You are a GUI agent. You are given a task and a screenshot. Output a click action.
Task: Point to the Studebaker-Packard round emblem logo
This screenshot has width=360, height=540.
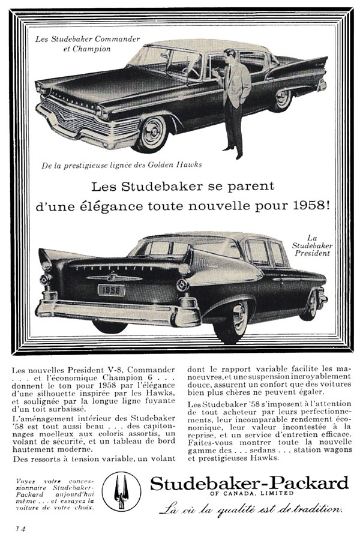[x=121, y=491]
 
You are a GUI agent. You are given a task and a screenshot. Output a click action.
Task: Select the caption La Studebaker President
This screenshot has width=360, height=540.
[x=307, y=244]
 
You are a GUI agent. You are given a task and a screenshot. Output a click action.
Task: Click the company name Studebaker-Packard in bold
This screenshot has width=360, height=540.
[x=249, y=483]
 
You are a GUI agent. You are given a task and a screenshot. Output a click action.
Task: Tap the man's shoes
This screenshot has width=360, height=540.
[x=233, y=155]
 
